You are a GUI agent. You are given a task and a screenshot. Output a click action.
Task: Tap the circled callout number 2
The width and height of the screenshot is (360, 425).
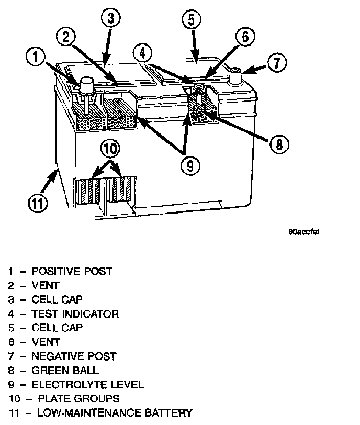click(x=66, y=37)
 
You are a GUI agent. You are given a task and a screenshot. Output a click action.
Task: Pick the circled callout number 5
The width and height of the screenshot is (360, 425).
click(x=192, y=20)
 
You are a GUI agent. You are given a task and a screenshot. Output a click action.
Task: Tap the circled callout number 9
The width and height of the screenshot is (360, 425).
click(x=190, y=165)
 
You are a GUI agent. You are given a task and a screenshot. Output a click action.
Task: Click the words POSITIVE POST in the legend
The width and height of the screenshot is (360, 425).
click(x=72, y=271)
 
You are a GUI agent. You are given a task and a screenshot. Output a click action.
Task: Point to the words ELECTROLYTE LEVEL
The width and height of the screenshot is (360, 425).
click(x=88, y=385)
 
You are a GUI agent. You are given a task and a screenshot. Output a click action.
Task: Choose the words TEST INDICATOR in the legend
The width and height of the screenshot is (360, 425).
click(x=75, y=314)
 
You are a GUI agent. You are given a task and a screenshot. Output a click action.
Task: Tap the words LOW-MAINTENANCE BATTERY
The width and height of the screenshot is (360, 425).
click(x=112, y=413)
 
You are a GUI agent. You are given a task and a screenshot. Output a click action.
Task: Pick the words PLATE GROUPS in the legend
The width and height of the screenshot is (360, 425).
click(x=76, y=399)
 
